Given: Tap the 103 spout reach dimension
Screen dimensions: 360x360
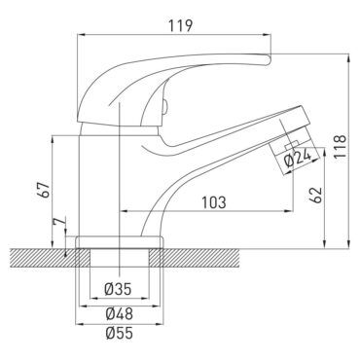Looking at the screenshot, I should click(215, 202).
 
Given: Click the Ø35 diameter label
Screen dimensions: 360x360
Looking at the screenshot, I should click(118, 288).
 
